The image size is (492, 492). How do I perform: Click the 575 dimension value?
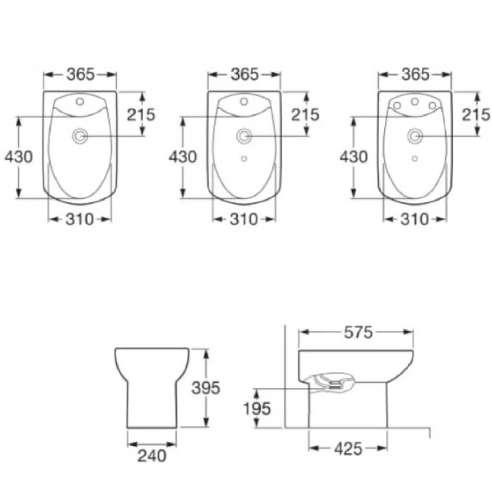point(358,333)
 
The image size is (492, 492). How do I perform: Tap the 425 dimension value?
point(348,449)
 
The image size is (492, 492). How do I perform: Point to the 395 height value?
point(206,388)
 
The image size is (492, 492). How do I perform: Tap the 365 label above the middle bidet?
point(245,75)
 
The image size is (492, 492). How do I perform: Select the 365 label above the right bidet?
point(415,75)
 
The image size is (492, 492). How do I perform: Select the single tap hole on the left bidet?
point(80,102)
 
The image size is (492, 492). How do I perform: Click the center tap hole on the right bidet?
point(415,101)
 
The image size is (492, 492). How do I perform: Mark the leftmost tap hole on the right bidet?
point(397,105)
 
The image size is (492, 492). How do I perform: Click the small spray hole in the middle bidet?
point(244,159)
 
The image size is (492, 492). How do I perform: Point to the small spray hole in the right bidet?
point(415,159)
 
